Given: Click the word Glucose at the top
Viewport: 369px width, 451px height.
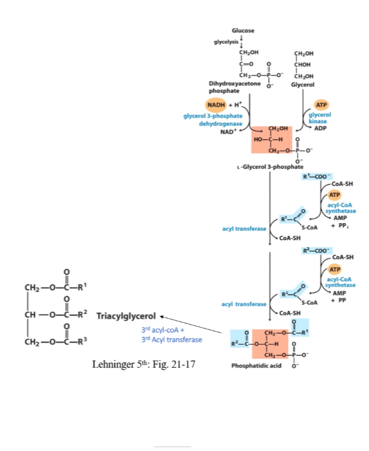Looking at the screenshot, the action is (243, 31).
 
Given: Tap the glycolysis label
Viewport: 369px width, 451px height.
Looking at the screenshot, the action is (226, 42).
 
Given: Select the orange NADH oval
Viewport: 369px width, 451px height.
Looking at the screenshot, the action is (216, 105).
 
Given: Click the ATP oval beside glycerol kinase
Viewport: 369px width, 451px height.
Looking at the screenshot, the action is (321, 105).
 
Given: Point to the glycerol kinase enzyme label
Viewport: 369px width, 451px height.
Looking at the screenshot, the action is (319, 118).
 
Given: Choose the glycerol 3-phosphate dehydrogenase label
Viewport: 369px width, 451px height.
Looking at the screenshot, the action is (213, 120).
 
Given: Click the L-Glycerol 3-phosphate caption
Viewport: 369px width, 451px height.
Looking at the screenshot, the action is (270, 167).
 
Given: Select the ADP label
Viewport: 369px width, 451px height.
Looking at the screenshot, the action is (320, 128).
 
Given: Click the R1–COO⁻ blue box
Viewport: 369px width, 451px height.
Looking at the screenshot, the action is (317, 176).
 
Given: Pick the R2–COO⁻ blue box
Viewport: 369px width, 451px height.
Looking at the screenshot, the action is (317, 251).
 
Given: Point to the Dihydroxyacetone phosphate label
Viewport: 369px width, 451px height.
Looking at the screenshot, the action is (235, 87).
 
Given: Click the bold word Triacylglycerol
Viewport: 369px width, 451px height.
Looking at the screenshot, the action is (126, 316).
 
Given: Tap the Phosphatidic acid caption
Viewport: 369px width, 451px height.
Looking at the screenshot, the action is (256, 366).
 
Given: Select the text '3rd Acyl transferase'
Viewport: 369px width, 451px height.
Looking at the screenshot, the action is (172, 339).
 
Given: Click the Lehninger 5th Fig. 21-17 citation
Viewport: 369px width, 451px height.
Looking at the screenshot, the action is (143, 364).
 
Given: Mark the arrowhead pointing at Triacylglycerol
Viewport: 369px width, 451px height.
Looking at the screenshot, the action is (162, 317).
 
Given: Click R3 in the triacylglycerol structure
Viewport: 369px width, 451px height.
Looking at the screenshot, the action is (83, 341).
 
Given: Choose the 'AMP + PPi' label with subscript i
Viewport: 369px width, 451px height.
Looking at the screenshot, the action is (340, 222).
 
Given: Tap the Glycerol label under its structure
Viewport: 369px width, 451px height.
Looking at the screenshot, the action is (302, 85).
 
